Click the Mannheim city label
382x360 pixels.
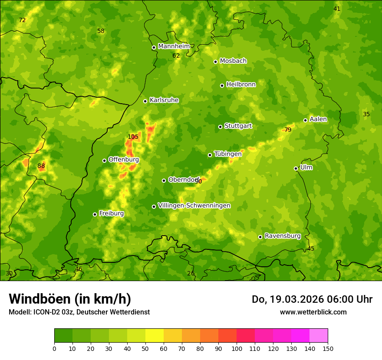tap(174, 46)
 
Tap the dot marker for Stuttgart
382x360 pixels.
tap(220, 127)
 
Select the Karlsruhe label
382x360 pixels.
tap(164, 100)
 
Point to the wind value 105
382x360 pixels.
tap(133, 137)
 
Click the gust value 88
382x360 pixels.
tap(41, 166)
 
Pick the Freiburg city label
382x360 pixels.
tap(111, 213)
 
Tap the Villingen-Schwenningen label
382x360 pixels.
tap(194, 206)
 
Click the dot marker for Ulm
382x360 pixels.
tap(296, 168)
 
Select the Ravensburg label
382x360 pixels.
tap(282, 236)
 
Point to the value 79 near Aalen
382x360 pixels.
tap(288, 130)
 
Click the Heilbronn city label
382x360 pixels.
tap(241, 85)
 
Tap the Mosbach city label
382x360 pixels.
tap(233, 61)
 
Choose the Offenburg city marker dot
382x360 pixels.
tap(104, 160)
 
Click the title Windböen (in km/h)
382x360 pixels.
tap(69, 299)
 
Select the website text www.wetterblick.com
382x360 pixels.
tap(313, 312)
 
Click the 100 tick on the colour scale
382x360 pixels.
tap(237, 348)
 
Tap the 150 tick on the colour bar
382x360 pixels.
tap(328, 348)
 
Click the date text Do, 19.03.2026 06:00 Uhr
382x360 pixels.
tap(312, 299)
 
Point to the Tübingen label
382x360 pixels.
tap(227, 154)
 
